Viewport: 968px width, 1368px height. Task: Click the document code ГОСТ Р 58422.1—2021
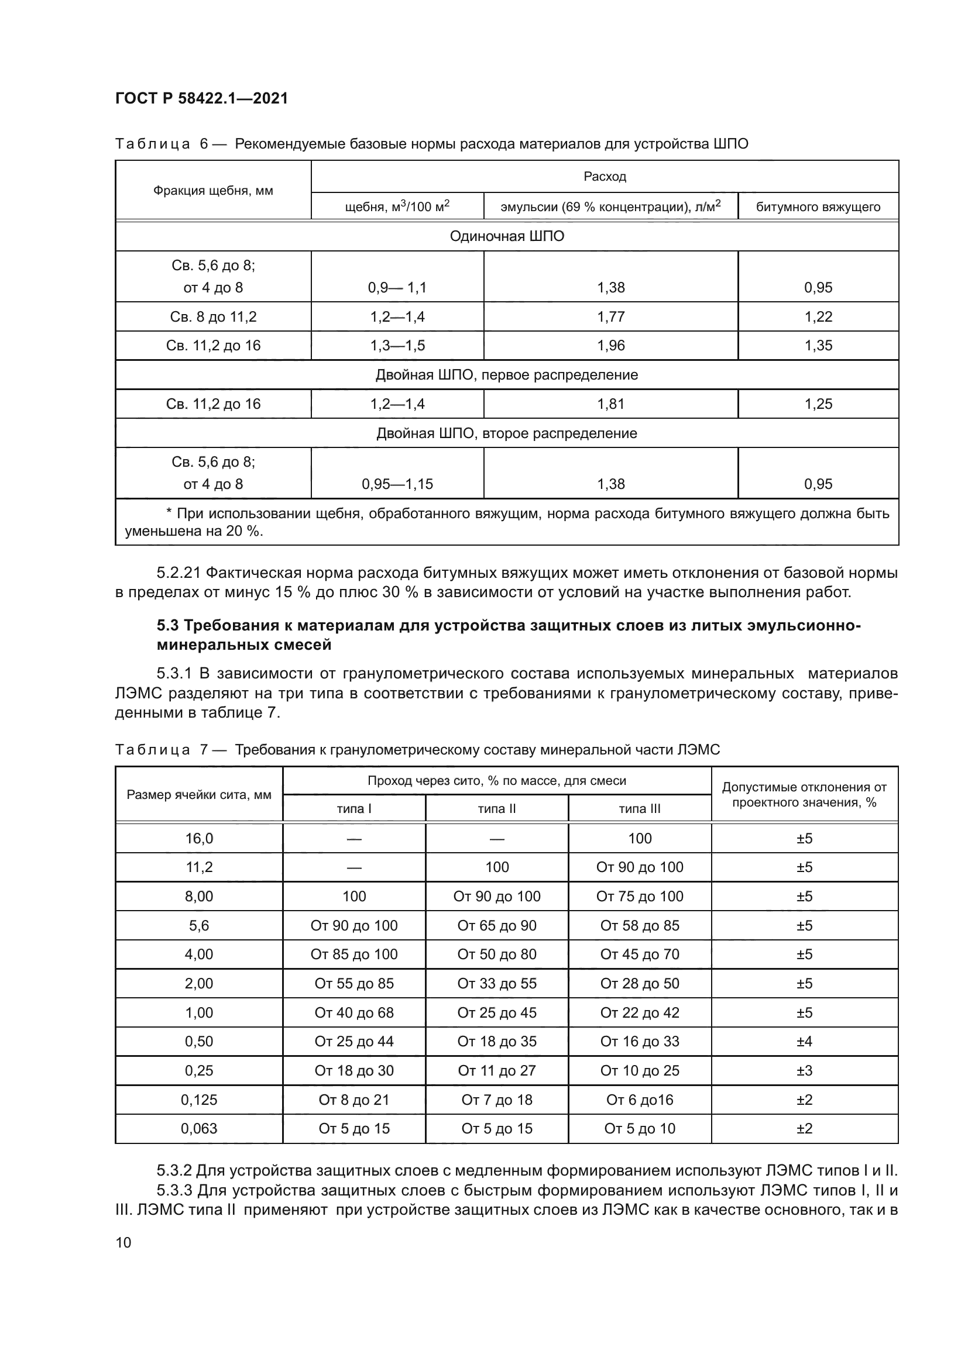tap(201, 98)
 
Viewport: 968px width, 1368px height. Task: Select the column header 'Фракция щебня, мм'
tap(213, 191)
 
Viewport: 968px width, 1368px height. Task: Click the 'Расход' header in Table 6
tap(605, 177)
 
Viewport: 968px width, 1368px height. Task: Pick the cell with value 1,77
tap(610, 317)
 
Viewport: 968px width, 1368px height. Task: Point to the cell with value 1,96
tap(610, 346)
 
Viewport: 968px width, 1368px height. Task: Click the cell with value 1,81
tap(610, 404)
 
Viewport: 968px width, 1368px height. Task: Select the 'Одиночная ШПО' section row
tap(507, 236)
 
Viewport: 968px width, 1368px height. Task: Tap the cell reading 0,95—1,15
tap(397, 484)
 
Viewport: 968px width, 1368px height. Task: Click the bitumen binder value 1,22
tap(818, 317)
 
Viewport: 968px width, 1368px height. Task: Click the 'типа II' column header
tap(496, 808)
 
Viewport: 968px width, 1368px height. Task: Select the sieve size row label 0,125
tap(199, 1100)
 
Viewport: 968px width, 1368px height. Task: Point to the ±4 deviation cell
tap(804, 1042)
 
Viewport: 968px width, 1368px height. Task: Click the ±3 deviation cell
tap(804, 1071)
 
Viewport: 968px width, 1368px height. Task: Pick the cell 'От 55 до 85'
tap(354, 984)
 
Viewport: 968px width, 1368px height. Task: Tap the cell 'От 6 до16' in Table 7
tap(639, 1100)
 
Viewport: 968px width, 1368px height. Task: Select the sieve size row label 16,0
tap(199, 838)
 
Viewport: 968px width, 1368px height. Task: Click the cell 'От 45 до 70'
tap(639, 955)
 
